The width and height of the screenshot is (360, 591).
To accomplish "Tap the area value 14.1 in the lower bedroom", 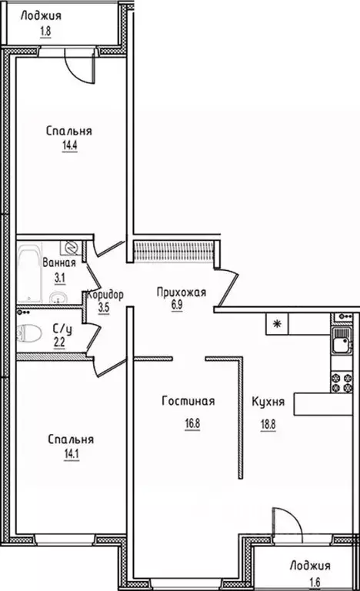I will (70, 452).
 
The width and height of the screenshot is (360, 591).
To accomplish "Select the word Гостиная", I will (188, 401).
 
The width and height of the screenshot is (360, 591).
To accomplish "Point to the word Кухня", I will (268, 401).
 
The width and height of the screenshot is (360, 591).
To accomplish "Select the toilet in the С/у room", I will (29, 332).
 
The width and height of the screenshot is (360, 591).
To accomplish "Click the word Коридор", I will (105, 293).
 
